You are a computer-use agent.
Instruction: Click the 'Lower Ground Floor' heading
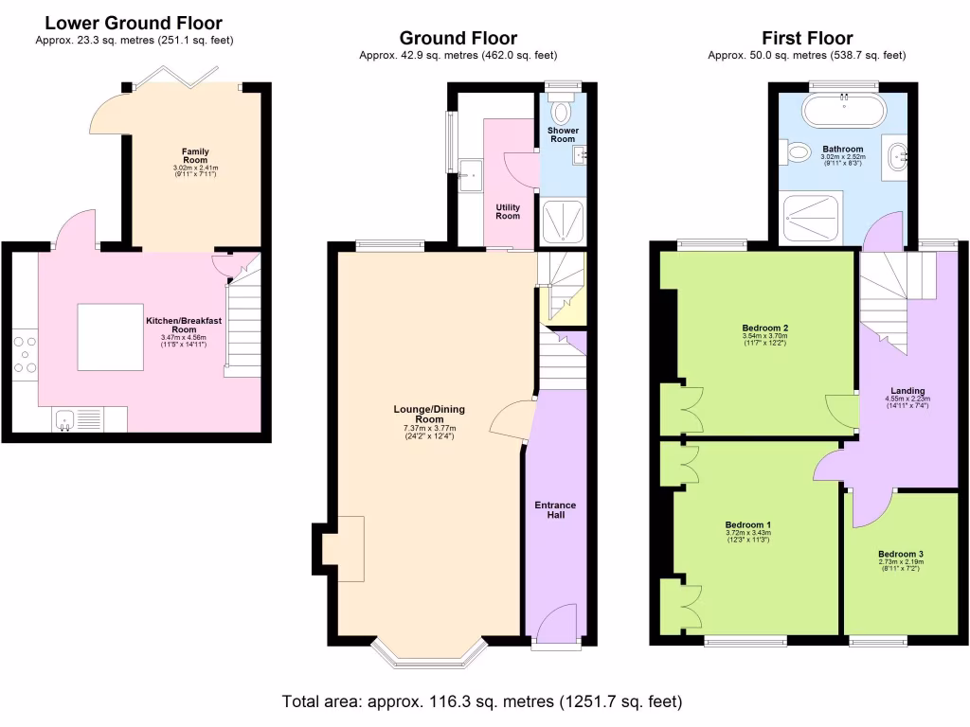pyautogui.click(x=134, y=23)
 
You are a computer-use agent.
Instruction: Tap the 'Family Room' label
pyautogui.click(x=196, y=156)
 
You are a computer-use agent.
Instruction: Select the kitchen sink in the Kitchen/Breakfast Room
pyautogui.click(x=66, y=417)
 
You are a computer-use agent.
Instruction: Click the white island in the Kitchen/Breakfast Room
pyautogui.click(x=110, y=337)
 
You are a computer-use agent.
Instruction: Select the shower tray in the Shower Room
pyautogui.click(x=563, y=222)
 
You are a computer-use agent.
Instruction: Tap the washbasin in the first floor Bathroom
pyautogui.click(x=895, y=155)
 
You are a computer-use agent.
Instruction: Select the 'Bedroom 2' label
pyautogui.click(x=765, y=328)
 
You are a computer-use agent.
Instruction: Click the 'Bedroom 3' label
pyautogui.click(x=900, y=554)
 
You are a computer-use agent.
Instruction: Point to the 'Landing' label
pyautogui.click(x=907, y=391)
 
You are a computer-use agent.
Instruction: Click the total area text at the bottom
pyautogui.click(x=482, y=702)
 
